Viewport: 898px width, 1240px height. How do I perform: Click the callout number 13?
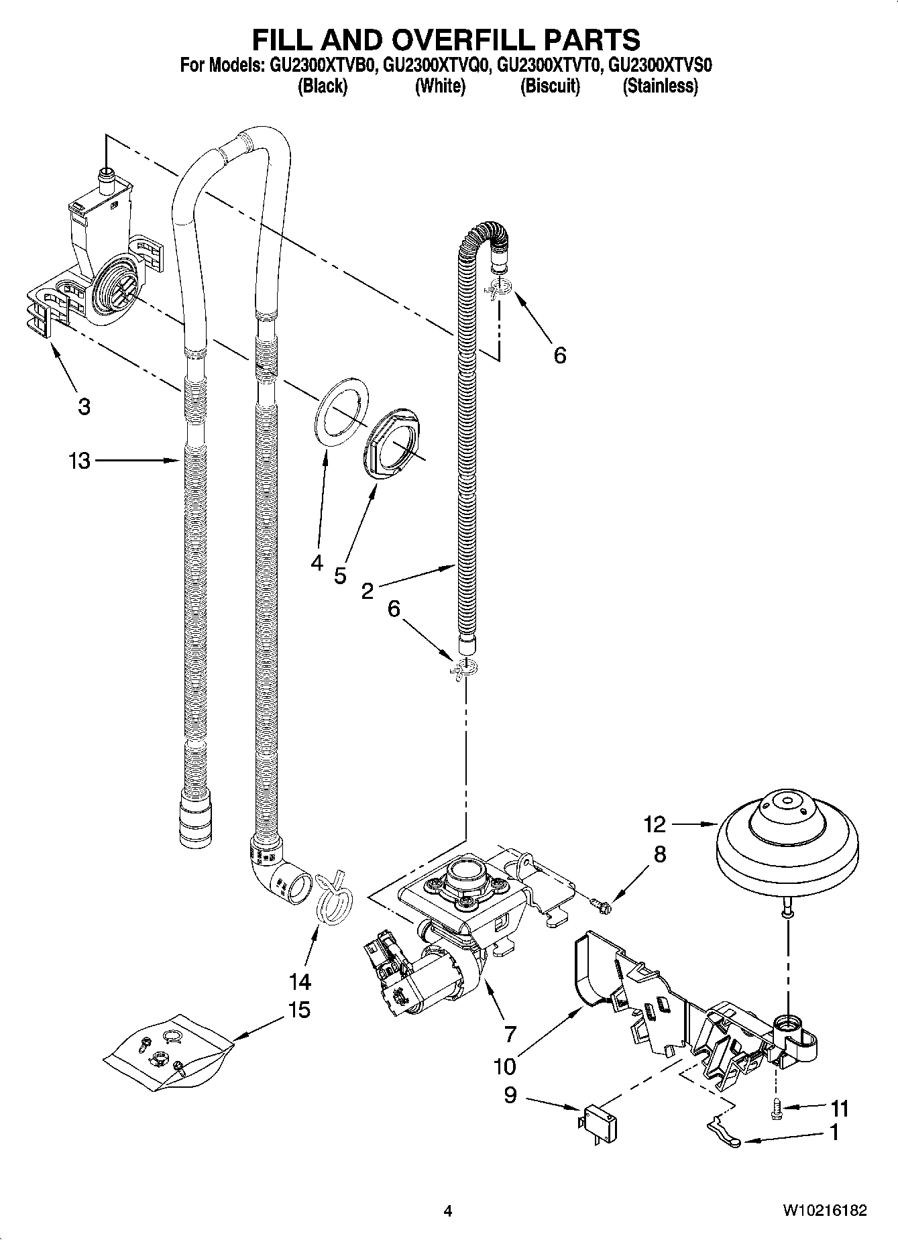(78, 461)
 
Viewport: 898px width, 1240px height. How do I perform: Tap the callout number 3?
(83, 406)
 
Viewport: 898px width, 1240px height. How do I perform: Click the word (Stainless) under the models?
(660, 86)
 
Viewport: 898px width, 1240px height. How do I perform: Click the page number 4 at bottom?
(448, 1210)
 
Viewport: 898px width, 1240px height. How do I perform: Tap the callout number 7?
(510, 1033)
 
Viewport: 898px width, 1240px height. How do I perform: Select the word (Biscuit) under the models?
(550, 86)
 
